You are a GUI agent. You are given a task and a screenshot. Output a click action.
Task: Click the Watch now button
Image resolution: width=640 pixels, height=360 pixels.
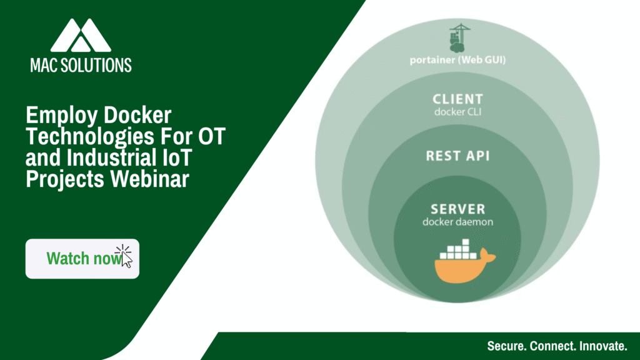pyautogui.click(x=82, y=259)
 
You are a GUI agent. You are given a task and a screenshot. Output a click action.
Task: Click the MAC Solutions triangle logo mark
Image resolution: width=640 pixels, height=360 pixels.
pyautogui.click(x=81, y=35)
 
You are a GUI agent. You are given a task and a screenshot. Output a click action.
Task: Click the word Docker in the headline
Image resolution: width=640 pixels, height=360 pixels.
pyautogui.click(x=137, y=116)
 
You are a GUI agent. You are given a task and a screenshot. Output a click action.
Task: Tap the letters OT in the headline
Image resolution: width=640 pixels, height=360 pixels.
pyautogui.click(x=212, y=137)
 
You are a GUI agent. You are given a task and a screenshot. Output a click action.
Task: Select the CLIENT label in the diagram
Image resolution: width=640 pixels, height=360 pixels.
pyautogui.click(x=458, y=99)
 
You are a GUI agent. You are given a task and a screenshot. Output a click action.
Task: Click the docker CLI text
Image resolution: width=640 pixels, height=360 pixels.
pyautogui.click(x=458, y=112)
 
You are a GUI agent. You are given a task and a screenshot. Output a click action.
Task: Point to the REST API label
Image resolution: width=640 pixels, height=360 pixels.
pyautogui.click(x=458, y=156)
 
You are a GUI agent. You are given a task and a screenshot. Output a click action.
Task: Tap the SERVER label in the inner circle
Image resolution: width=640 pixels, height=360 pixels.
pyautogui.click(x=458, y=209)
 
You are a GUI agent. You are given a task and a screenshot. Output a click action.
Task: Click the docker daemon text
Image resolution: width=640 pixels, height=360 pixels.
pyautogui.click(x=458, y=222)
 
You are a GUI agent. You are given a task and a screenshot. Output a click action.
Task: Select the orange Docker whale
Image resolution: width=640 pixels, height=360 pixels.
pyautogui.click(x=464, y=267)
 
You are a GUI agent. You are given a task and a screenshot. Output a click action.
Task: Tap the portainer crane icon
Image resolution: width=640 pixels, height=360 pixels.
pyautogui.click(x=459, y=38)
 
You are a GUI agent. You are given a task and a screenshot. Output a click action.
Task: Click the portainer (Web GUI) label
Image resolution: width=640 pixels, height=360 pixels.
pyautogui.click(x=458, y=60)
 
